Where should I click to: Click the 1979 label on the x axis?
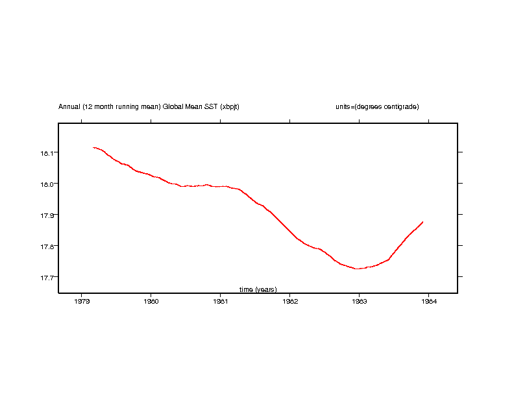point(82,301)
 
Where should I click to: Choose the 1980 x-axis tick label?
point(151,301)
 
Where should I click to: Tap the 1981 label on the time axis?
point(221,301)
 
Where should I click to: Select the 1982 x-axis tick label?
point(290,301)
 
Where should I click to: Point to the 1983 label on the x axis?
point(359,301)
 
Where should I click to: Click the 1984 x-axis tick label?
point(428,301)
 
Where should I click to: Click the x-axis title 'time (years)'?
point(258,289)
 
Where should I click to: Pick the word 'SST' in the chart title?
point(210,106)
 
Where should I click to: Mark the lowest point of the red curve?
point(357,269)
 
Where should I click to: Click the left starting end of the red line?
point(93,148)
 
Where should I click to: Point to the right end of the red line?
point(423,222)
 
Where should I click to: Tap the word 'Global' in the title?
point(172,106)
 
